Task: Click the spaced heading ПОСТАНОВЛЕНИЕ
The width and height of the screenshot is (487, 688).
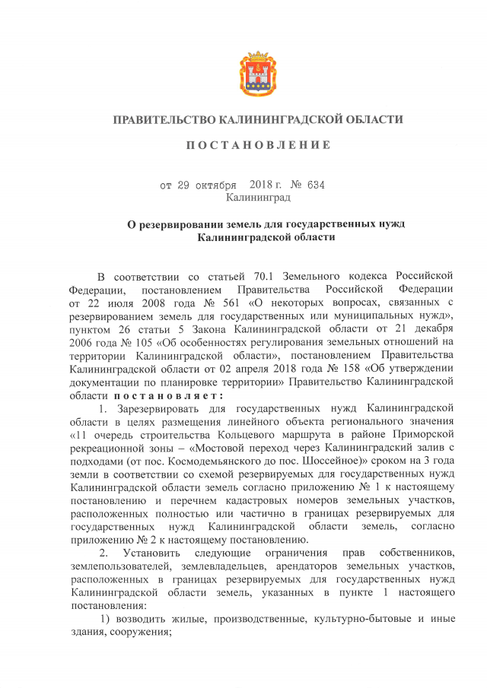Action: (259, 145)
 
